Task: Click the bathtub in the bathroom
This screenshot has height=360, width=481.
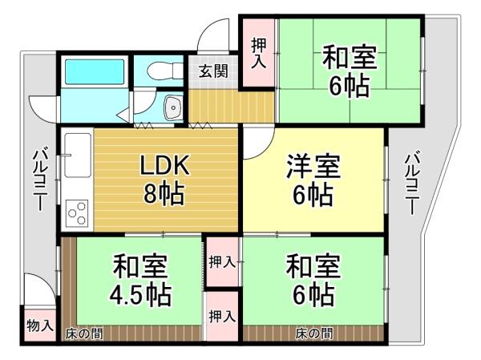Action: point(95,71)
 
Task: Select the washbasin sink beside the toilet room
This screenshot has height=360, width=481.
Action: point(174,107)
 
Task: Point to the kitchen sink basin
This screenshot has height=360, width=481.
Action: point(78,156)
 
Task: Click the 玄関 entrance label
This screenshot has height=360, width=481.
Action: point(213,72)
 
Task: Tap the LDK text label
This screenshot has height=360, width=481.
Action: point(164,165)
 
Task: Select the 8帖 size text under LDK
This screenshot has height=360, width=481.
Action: point(164,193)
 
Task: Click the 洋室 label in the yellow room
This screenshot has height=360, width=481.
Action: point(313,167)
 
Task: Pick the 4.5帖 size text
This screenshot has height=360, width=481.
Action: point(140,295)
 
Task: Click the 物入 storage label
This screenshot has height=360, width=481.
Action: point(40,326)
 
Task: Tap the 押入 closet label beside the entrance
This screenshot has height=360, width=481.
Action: point(259,53)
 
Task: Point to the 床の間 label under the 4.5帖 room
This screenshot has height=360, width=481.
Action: point(83,334)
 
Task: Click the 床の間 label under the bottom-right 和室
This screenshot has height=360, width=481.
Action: point(314,333)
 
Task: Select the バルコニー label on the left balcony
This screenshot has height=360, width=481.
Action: point(40,180)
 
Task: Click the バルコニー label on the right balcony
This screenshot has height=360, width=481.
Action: point(412,183)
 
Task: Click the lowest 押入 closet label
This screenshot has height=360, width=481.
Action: point(222,316)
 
